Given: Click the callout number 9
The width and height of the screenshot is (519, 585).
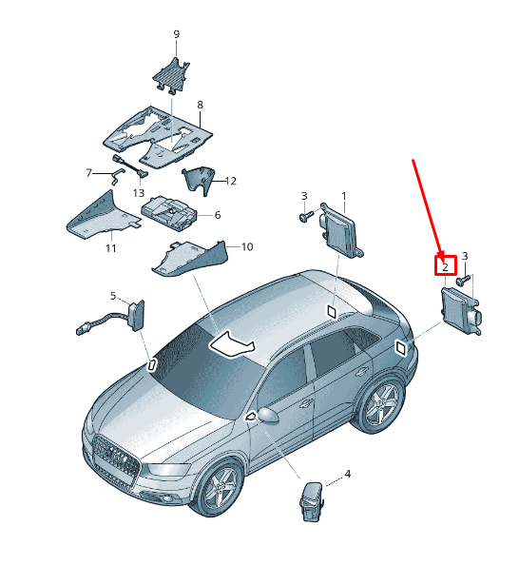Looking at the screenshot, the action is [x=177, y=34].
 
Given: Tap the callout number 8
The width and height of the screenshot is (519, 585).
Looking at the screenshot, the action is [x=201, y=105].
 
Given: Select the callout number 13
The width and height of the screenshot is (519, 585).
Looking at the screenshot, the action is [x=139, y=193].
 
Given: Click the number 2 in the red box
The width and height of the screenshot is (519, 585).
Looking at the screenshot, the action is [x=445, y=267].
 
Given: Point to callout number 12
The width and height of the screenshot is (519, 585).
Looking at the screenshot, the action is [x=231, y=181].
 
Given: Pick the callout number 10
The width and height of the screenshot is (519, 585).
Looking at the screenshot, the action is [x=247, y=246].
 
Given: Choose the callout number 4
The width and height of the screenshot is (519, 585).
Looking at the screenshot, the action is [x=348, y=474].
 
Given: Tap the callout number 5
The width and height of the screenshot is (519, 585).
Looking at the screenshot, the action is [x=113, y=296].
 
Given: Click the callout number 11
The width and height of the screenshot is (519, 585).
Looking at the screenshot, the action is [x=110, y=248].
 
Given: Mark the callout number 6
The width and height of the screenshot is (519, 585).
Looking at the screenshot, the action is [x=218, y=215].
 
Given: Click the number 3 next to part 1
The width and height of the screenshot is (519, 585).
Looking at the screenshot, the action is [x=304, y=196].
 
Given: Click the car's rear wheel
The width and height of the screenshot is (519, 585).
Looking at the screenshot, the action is [x=381, y=405].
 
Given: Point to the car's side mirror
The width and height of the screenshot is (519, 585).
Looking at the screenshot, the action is [x=267, y=415].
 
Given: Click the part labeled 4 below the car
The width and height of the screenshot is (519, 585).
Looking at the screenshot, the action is [x=310, y=500].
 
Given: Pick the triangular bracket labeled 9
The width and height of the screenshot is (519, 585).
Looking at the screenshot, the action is [x=171, y=75].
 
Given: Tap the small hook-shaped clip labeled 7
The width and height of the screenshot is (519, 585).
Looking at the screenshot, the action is [x=118, y=176].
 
